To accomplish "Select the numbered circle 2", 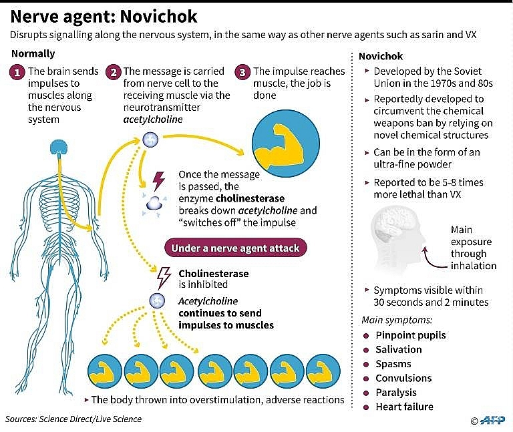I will (x=114, y=72).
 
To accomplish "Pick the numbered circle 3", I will (x=243, y=72).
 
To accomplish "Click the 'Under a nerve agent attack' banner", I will (x=236, y=248).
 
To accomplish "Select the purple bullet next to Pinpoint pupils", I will (x=366, y=335).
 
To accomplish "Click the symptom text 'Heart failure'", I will (x=404, y=407).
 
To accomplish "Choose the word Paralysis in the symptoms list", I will (x=396, y=392).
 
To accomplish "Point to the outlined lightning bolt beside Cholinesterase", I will (x=162, y=275).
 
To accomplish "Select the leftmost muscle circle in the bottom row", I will (x=104, y=370).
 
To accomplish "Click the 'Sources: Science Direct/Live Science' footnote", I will (x=73, y=419).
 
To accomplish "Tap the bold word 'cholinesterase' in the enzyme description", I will (x=248, y=198).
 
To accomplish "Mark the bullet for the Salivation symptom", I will (x=366, y=350).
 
